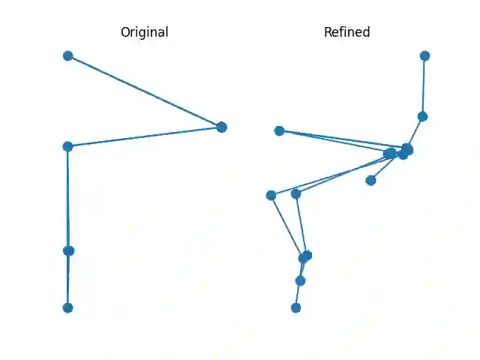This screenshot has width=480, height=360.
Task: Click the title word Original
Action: pyautogui.click(x=144, y=32)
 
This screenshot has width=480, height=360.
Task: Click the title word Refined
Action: pyautogui.click(x=346, y=32)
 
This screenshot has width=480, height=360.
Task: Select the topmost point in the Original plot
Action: pyautogui.click(x=67, y=55)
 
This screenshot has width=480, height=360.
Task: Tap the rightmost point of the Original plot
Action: pyautogui.click(x=221, y=127)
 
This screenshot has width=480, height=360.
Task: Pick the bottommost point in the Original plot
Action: pyautogui.click(x=67, y=307)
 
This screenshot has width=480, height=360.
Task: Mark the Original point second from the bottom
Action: pyautogui.click(x=69, y=250)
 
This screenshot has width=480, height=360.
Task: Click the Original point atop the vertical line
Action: pyautogui.click(x=67, y=146)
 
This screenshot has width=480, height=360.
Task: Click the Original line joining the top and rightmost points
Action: pyautogui.click(x=144, y=91)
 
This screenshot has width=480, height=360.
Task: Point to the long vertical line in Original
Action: pyautogui.click(x=68, y=199)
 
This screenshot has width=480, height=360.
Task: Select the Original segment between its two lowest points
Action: pyautogui.click(x=68, y=279)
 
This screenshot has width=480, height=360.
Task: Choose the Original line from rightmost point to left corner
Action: pyautogui.click(x=144, y=136)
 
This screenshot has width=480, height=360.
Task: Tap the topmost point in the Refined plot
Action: pyautogui.click(x=424, y=55)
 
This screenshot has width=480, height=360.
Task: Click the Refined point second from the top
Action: pyautogui.click(x=422, y=116)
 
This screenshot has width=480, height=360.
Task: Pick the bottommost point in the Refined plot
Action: pyautogui.click(x=295, y=307)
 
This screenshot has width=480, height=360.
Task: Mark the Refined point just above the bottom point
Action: pyautogui.click(x=300, y=280)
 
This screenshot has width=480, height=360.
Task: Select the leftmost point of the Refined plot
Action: pyautogui.click(x=271, y=195)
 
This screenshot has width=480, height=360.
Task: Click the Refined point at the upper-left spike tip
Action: pyautogui.click(x=279, y=130)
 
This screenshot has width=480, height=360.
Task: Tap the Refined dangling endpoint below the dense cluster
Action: pyautogui.click(x=370, y=180)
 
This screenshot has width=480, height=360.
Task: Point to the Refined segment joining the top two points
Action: pyautogui.click(x=424, y=86)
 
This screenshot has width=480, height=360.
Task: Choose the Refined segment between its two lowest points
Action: pyautogui.click(x=298, y=294)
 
